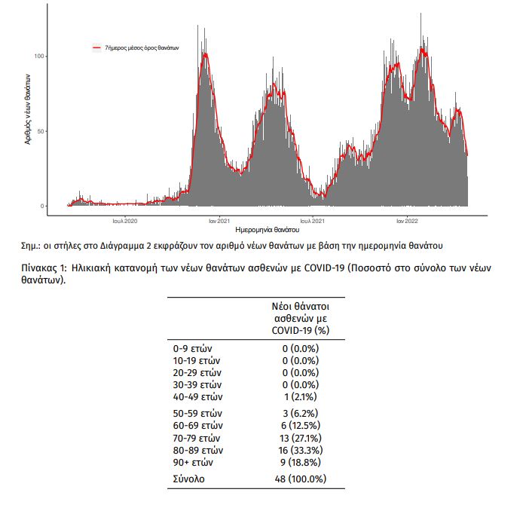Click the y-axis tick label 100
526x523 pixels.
click(x=39, y=56)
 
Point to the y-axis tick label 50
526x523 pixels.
click(x=41, y=131)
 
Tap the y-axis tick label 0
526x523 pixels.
click(x=42, y=206)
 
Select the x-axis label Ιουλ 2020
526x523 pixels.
click(x=125, y=221)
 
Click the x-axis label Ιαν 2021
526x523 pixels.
click(x=219, y=221)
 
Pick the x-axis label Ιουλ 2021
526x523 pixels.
click(x=313, y=221)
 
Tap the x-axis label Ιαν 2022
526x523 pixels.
click(x=407, y=221)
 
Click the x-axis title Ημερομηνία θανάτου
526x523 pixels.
click(x=268, y=230)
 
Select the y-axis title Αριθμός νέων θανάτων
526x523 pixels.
click(x=28, y=109)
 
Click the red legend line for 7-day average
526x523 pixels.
click(x=96, y=48)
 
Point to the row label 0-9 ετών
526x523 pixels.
click(x=193, y=349)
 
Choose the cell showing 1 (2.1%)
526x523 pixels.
click(x=301, y=397)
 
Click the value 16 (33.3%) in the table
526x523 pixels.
click(x=301, y=450)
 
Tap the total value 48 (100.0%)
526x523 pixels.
click(x=301, y=479)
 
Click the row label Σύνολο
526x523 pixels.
click(x=189, y=479)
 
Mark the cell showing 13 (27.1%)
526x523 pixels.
click(x=301, y=438)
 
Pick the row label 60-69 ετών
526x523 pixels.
click(x=198, y=426)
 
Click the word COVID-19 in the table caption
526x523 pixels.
click(x=324, y=268)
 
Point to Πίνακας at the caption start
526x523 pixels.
click(x=40, y=268)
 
